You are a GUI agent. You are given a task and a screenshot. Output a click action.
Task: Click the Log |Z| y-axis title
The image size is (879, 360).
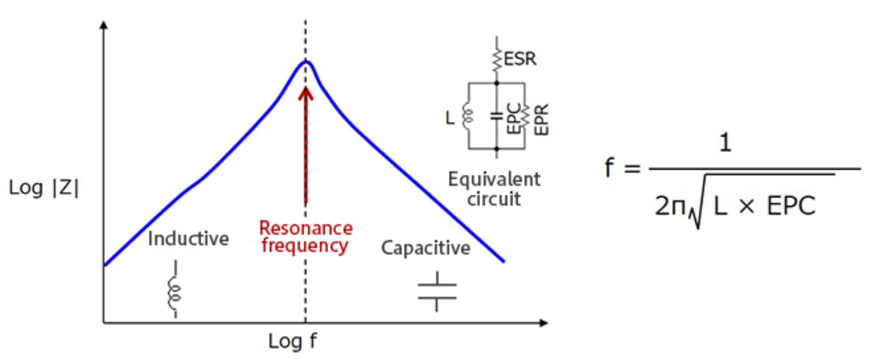coord(44,188)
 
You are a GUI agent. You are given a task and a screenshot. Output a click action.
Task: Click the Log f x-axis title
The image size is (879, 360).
coord(292,341)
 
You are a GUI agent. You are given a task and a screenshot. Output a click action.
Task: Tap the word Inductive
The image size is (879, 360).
coord(188,238)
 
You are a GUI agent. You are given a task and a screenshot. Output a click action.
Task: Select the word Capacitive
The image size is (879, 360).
coord(425,247)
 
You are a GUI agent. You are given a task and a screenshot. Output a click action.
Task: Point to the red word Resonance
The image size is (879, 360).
coord(306,228)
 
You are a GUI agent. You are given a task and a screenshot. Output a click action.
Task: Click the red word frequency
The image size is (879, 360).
coord(304,246)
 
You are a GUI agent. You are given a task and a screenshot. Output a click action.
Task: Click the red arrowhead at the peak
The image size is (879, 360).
coord(306,94)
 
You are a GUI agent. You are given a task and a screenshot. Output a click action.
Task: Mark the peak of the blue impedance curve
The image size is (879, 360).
coord(306,62)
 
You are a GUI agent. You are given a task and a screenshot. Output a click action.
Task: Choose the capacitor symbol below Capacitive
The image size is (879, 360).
coord(437,291)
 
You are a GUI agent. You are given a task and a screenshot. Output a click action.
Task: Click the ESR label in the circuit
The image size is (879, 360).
coord(520,59)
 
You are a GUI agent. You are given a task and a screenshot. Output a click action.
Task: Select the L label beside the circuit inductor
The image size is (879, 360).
coord(450,117)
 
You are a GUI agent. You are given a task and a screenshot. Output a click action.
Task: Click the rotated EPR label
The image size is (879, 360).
coord(542,119)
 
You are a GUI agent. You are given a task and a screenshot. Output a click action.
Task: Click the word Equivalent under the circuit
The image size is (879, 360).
coord(494,179)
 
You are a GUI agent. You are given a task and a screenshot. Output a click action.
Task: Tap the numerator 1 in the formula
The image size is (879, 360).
coord(725,143)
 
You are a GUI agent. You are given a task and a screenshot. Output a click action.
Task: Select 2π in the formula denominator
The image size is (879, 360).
coord(670,205)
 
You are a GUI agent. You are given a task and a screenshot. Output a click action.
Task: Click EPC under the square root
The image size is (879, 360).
coord(791,206)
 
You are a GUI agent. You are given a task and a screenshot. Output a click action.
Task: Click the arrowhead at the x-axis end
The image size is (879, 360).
coord(544,322)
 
